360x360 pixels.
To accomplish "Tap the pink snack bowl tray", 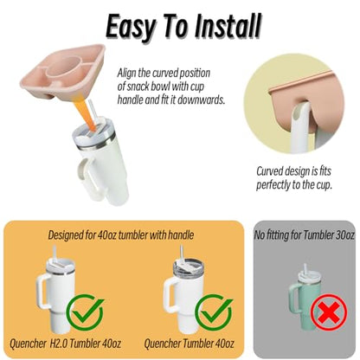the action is coord(63,72).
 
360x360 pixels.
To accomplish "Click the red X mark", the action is coord(329,312).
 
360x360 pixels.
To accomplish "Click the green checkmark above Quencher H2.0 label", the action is coord(85,312).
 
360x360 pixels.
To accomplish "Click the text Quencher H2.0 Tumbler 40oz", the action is coord(65,344).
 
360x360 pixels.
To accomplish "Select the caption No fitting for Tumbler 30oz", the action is coord(305,235).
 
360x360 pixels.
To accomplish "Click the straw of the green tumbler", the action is coord(305,269).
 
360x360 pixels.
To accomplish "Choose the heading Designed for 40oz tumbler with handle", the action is coord(121,235).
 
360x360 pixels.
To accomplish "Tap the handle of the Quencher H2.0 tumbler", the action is coord(43,292).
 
